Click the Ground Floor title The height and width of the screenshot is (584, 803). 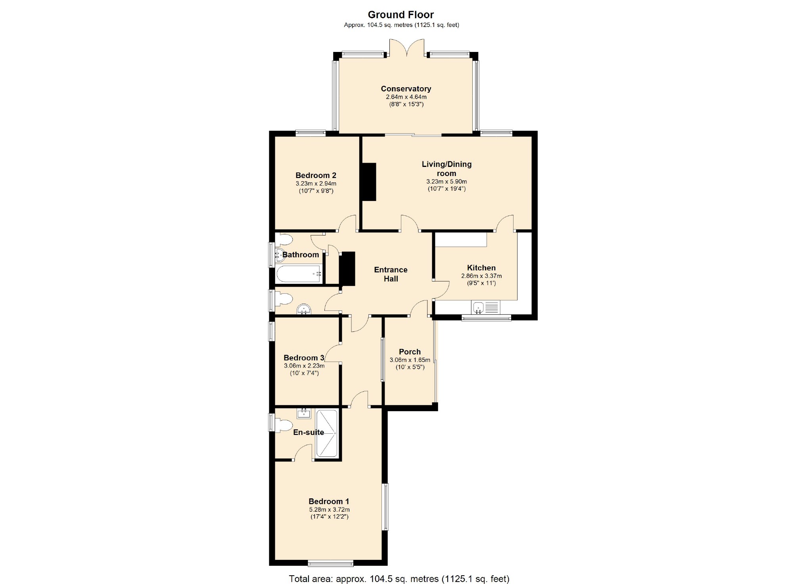click(401, 15)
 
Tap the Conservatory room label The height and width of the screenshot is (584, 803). click(406, 89)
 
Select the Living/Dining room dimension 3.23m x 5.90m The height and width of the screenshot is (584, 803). click(447, 182)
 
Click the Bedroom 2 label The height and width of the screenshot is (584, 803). click(316, 175)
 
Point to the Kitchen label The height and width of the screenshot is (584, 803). click(481, 268)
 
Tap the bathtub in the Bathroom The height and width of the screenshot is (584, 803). click(298, 274)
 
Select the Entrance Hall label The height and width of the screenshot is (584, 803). click(391, 274)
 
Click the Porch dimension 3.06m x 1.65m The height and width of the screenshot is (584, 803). click(410, 360)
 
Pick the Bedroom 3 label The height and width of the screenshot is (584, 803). click(304, 358)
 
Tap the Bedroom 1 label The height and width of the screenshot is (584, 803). click(329, 502)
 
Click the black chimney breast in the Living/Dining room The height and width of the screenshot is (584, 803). click(368, 182)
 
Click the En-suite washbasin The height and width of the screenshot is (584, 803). click(304, 414)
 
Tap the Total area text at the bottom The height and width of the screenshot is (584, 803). click(399, 578)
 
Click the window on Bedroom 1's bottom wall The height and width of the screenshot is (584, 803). click(330, 563)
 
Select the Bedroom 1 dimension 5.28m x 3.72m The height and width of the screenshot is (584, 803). click(329, 510)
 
